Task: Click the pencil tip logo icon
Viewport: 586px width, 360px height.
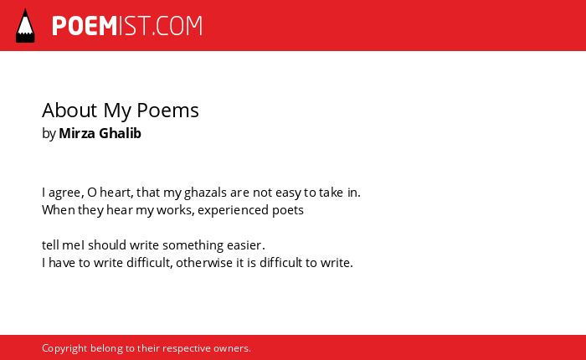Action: (25, 26)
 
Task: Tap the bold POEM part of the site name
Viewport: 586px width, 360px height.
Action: (85, 26)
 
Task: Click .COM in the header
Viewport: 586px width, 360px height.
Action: (177, 26)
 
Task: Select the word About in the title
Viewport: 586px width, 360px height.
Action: (69, 111)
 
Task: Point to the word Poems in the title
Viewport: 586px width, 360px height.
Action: (167, 111)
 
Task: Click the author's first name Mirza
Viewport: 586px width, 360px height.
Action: (77, 133)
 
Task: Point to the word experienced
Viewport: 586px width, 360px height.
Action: (234, 211)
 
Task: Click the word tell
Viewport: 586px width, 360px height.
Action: (50, 245)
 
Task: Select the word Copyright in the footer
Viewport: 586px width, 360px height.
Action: (64, 348)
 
